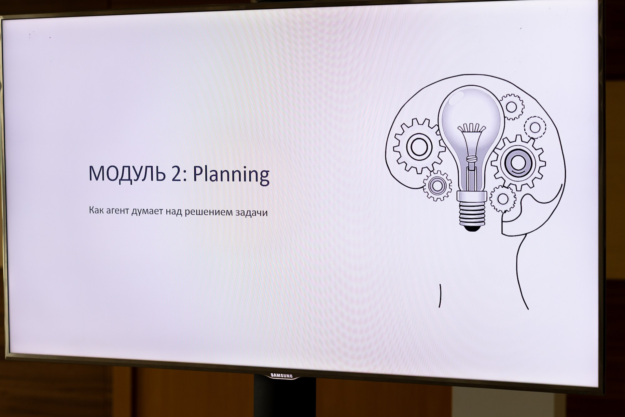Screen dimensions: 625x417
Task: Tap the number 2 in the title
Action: [x=177, y=174]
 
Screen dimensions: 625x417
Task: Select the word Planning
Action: [x=231, y=175]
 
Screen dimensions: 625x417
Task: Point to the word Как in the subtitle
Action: [x=96, y=210]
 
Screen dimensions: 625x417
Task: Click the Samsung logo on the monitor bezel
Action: [x=282, y=376]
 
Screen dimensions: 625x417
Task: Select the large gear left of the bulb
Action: [x=419, y=146]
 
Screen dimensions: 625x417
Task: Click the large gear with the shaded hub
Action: [x=518, y=163]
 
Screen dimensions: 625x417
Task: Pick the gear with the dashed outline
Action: [x=535, y=127]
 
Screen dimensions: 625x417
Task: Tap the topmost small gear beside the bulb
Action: [x=511, y=107]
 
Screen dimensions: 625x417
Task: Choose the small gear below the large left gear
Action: [x=437, y=185]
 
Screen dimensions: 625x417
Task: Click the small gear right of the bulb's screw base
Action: [x=503, y=199]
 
